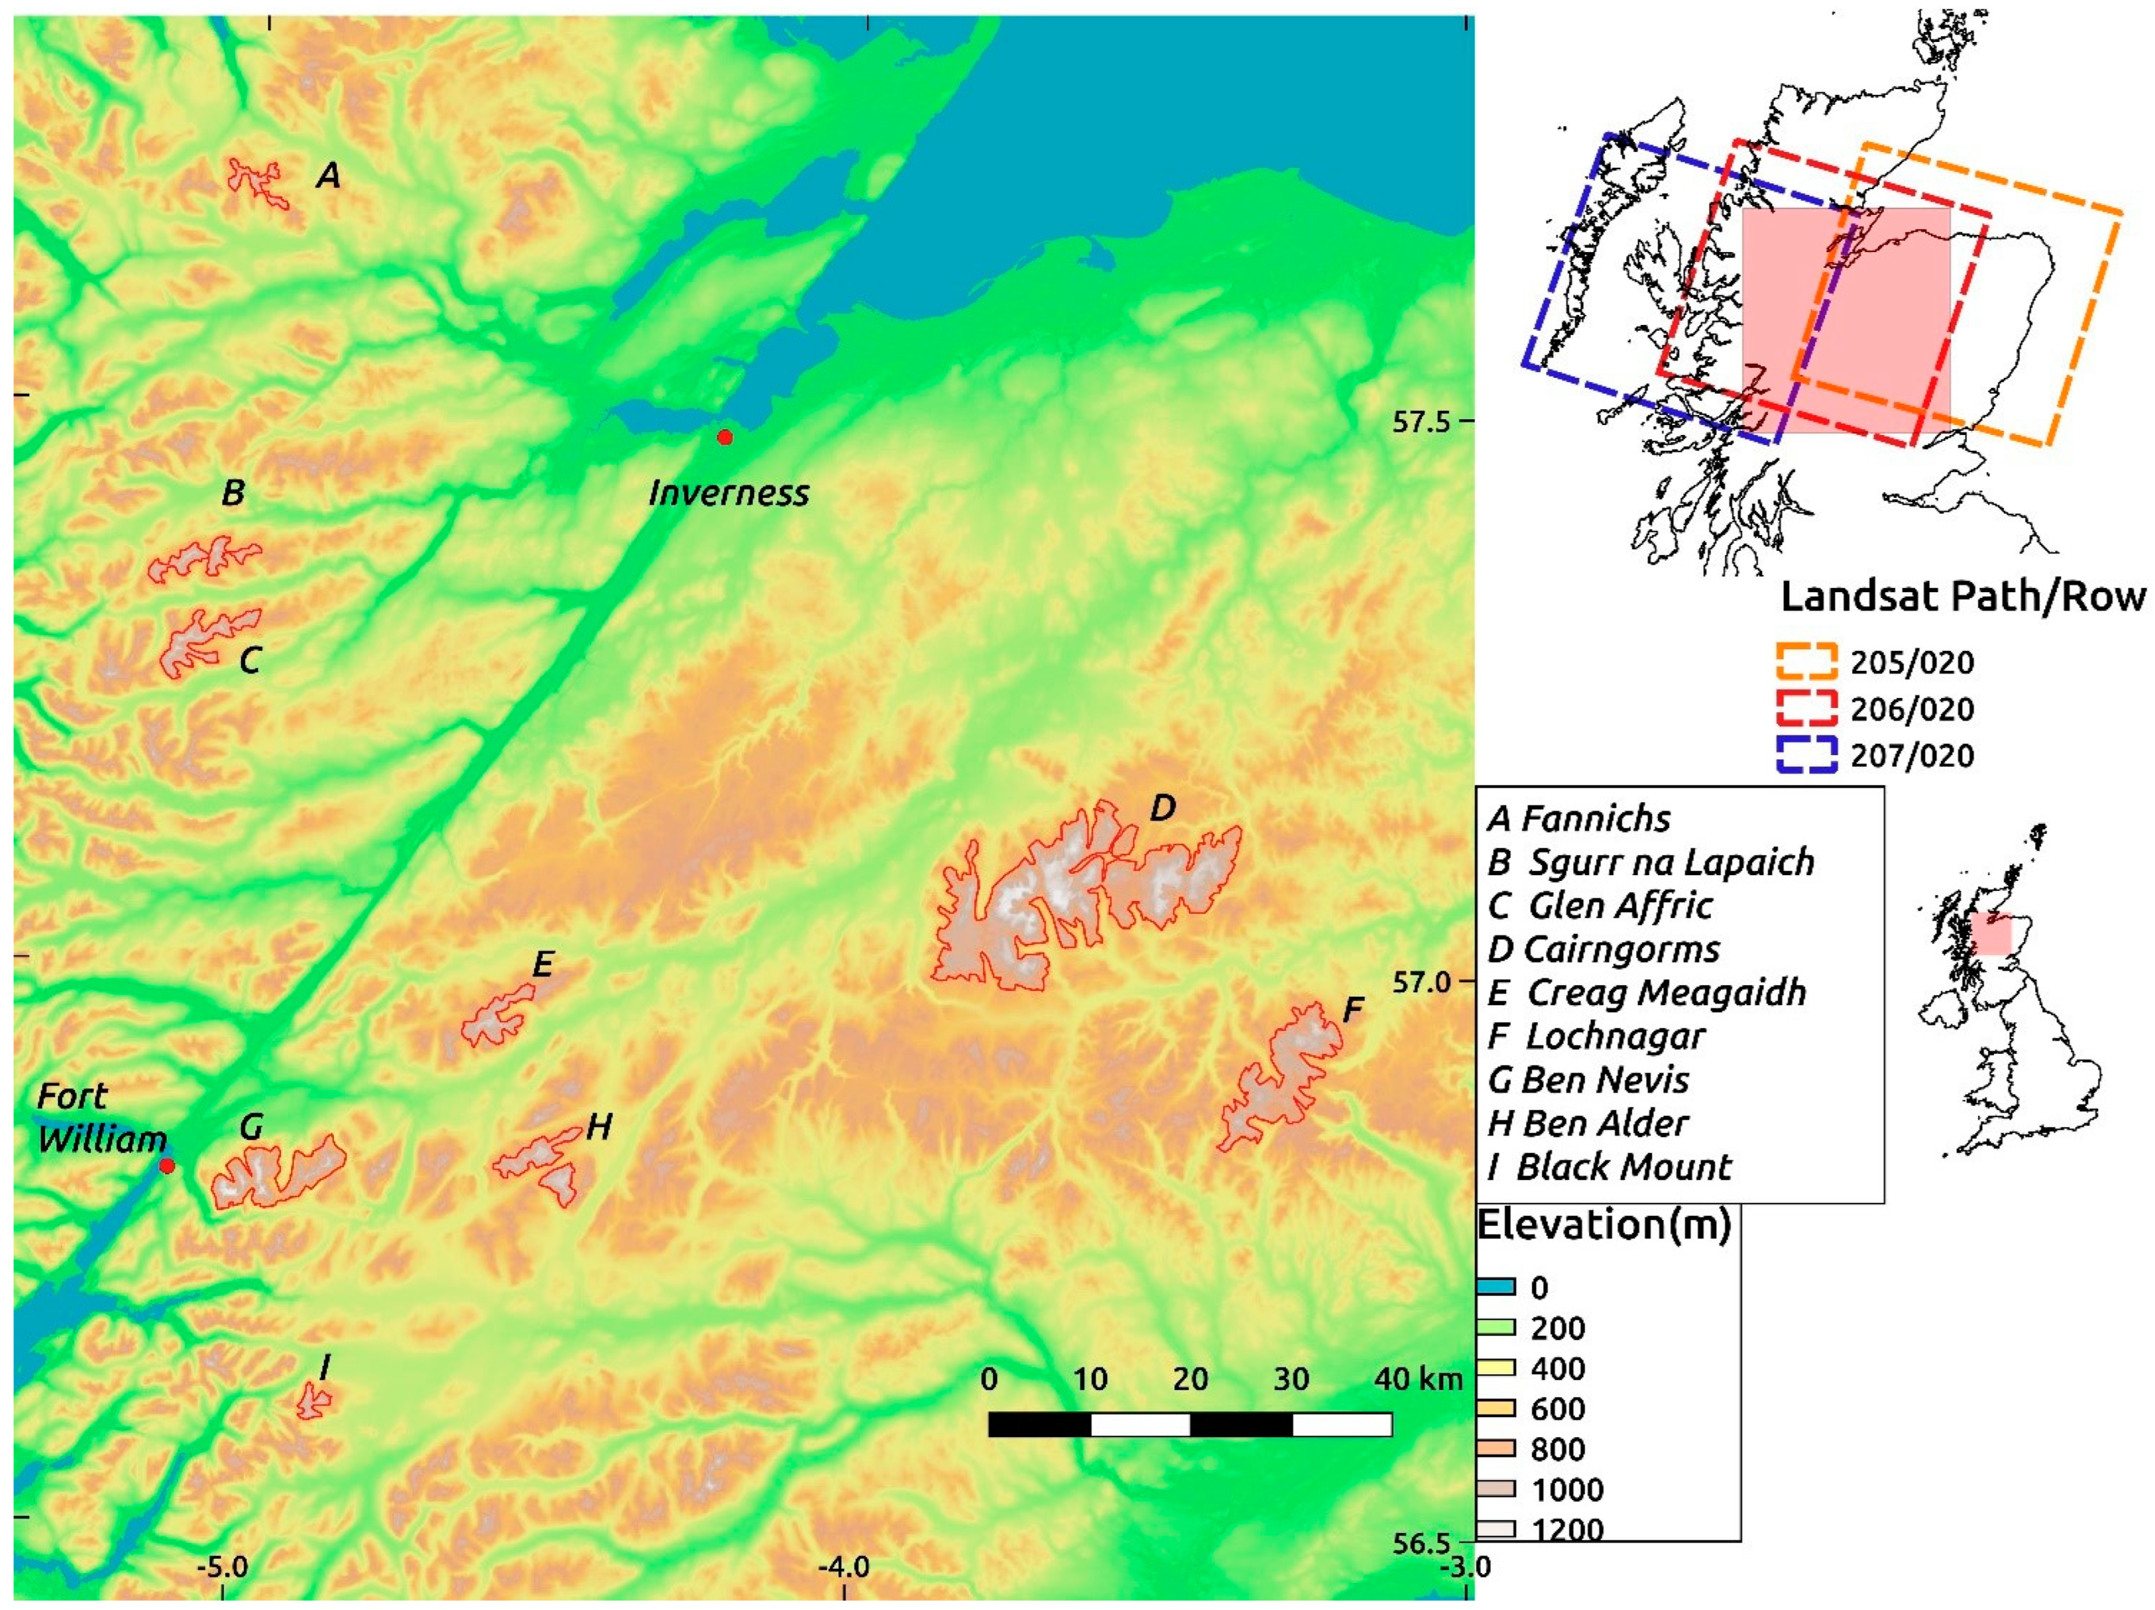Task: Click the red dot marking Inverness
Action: click(725, 437)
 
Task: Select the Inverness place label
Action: click(729, 494)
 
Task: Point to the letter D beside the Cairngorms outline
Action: click(1163, 808)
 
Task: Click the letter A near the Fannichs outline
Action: click(329, 176)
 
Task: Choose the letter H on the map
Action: click(598, 1127)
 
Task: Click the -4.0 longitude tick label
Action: click(844, 1567)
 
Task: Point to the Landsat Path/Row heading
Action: click(1963, 597)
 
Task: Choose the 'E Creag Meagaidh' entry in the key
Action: click(1647, 992)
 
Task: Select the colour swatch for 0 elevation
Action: click(1496, 1287)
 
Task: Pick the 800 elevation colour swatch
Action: click(1496, 1448)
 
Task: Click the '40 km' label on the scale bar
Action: click(1418, 1379)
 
